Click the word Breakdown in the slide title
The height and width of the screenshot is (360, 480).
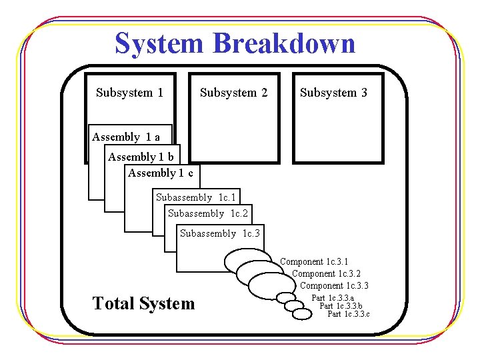[x=284, y=43]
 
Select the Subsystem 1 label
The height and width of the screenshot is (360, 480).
[x=129, y=93]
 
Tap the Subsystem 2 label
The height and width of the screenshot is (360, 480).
[x=233, y=93]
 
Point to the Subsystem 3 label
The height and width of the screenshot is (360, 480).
[x=333, y=93]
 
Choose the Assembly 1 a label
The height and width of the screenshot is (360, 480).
[x=126, y=137]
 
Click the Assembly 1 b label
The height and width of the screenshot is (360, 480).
[x=141, y=157]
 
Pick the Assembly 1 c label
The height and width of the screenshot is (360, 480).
[x=161, y=173]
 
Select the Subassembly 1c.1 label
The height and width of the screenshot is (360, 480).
[x=195, y=197]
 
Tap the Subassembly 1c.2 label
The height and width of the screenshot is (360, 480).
[x=207, y=213]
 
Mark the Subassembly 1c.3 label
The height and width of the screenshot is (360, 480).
[x=220, y=233]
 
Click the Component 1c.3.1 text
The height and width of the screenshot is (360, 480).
[x=314, y=262]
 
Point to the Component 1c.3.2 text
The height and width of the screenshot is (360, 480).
[x=326, y=274]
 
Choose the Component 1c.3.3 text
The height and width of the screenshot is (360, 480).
[x=334, y=286]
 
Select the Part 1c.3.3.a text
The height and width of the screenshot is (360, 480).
[x=333, y=298]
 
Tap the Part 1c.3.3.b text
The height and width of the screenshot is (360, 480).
[x=341, y=306]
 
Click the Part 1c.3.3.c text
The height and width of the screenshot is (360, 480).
[x=349, y=314]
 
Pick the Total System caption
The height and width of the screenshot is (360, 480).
[x=143, y=304]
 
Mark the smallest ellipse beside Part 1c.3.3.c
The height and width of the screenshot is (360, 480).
[x=303, y=312]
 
